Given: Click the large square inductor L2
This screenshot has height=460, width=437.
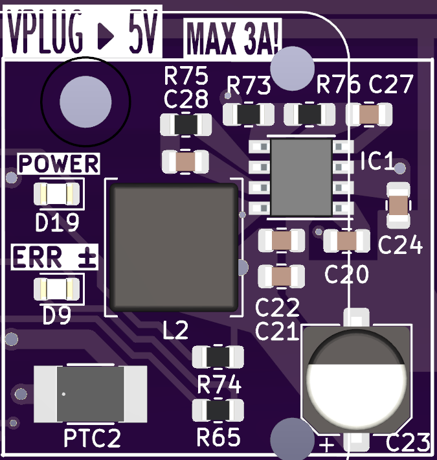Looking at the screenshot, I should (174, 247).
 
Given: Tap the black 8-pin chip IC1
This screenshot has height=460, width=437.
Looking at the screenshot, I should (301, 178).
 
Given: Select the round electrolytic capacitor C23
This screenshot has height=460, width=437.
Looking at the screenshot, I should (357, 382).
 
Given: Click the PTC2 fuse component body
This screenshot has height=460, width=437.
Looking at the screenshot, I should (90, 393).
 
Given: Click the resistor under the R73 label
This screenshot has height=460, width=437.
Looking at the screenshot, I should (248, 115).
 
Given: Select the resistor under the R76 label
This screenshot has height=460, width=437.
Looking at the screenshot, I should (309, 115).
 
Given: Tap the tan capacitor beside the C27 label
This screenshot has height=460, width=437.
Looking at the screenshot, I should (370, 115).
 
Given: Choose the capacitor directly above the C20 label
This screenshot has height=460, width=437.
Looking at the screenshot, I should (346, 241).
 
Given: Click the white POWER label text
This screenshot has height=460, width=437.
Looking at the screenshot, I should (58, 165).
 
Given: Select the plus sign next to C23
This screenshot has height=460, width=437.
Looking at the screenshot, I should (328, 445).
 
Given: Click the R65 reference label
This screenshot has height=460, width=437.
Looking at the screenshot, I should (219, 438).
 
